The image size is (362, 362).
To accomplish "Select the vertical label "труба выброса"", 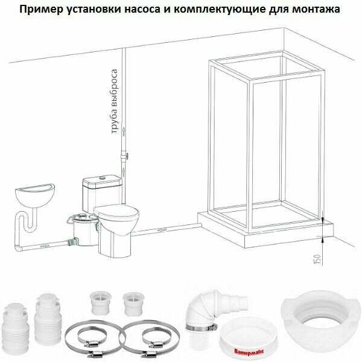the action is coord(115,101).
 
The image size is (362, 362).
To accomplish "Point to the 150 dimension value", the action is coord(318,259).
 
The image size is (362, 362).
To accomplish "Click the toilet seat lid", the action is coord(116,212).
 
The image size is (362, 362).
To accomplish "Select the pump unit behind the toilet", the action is coord(83,230).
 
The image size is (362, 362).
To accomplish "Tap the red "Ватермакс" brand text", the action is coord(249,352).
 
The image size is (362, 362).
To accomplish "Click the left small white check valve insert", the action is coord(100,303).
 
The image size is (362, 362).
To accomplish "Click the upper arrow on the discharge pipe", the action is coord(124,132).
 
